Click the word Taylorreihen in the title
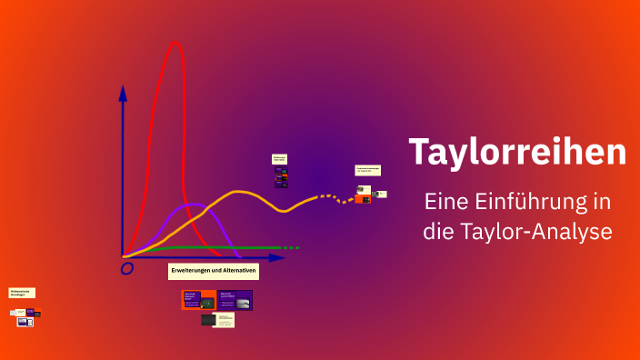[517, 152]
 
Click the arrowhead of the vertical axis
[123, 92]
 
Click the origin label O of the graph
[127, 268]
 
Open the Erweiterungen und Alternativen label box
[214, 271]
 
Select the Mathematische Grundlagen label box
[22, 293]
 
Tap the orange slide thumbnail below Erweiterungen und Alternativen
[198, 300]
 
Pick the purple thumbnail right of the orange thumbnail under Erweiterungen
[235, 300]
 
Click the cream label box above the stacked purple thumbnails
[280, 159]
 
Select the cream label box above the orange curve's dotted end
[367, 170]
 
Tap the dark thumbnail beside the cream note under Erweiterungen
[208, 319]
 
